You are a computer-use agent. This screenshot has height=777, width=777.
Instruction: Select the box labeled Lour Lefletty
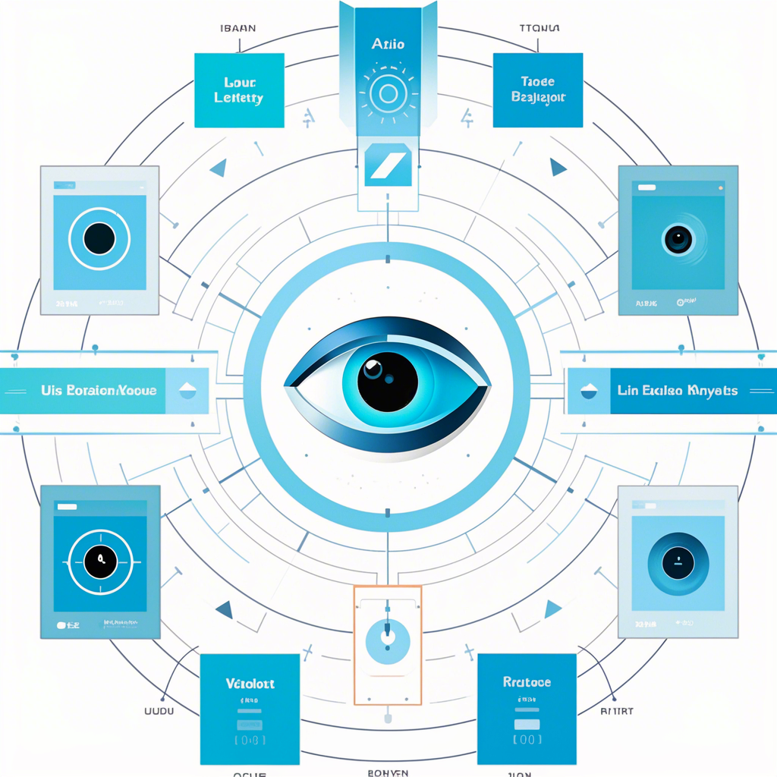pyautogui.click(x=239, y=90)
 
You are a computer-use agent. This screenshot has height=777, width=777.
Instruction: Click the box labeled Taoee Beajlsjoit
pyautogui.click(x=539, y=90)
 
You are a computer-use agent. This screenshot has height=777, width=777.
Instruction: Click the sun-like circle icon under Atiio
pyautogui.click(x=388, y=93)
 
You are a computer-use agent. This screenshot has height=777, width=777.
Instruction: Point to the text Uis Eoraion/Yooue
pyautogui.click(x=99, y=391)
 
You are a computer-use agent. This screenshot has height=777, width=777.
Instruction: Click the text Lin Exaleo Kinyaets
pyautogui.click(x=678, y=391)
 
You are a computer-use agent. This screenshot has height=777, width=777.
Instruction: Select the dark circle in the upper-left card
pyautogui.click(x=99, y=239)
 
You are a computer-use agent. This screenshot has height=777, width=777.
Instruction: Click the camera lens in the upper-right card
pyautogui.click(x=678, y=239)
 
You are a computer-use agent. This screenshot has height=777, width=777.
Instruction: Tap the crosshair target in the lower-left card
pyautogui.click(x=99, y=562)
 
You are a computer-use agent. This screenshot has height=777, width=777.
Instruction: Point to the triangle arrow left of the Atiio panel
pyautogui.click(x=218, y=168)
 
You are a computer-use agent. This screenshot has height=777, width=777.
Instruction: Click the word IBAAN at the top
pyautogui.click(x=238, y=29)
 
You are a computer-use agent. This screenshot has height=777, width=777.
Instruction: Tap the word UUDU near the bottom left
pyautogui.click(x=160, y=711)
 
